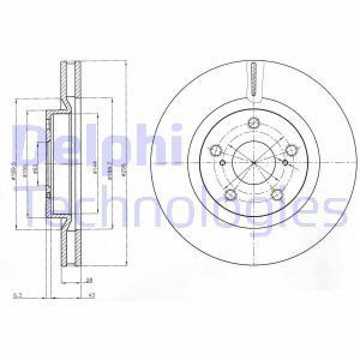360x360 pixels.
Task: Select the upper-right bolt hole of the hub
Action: pyautogui.click(x=292, y=149)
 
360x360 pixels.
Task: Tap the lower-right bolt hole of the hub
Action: pyautogui.click(x=277, y=193)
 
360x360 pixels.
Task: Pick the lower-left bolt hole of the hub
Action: pyautogui.click(x=230, y=193)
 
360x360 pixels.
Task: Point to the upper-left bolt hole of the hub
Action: pyautogui.click(x=216, y=149)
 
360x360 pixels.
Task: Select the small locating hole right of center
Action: pyautogui.click(x=284, y=163)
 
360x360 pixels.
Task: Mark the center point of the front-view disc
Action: pyautogui.click(x=254, y=163)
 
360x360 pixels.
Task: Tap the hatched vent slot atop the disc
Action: pyautogui.click(x=254, y=79)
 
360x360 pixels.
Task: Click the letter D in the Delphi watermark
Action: pyautogui.click(x=29, y=143)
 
